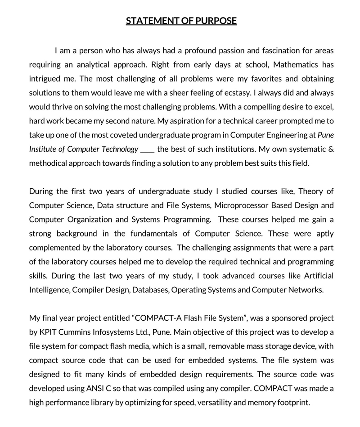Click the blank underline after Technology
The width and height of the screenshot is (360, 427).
point(148,149)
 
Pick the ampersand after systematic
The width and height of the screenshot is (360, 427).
point(331,149)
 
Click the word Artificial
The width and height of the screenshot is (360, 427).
point(317,276)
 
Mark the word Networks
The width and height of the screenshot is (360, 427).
point(306,290)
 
